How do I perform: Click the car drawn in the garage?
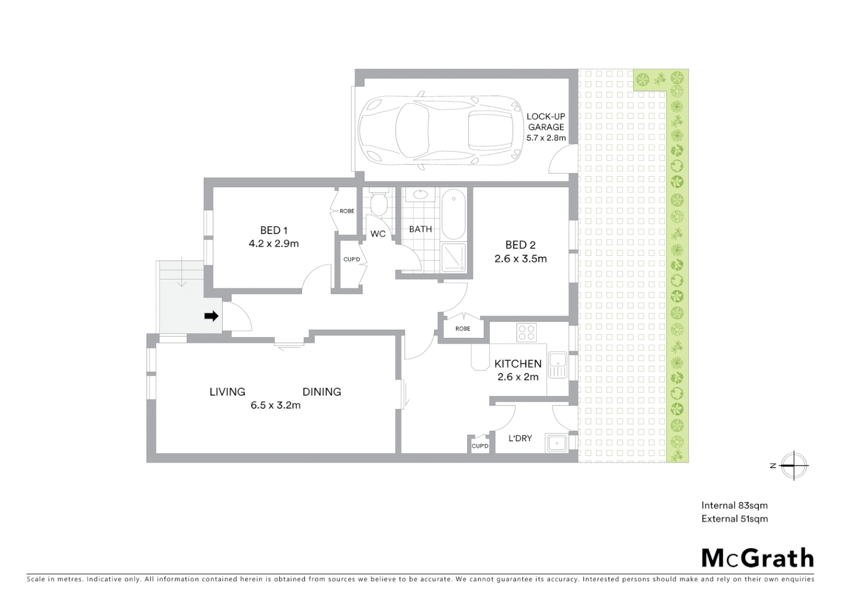[439, 131]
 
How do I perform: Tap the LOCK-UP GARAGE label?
[546, 122]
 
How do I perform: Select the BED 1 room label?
[274, 230]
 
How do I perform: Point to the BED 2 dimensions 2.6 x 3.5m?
[520, 259]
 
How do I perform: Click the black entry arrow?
[211, 316]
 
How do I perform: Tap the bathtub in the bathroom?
[454, 214]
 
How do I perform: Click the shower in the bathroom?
[454, 257]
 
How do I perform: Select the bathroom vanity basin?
[420, 194]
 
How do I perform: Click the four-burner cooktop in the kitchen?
[526, 332]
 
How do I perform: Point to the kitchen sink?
[558, 365]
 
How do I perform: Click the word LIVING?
[227, 392]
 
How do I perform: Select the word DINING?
[322, 392]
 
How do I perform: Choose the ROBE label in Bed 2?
[463, 329]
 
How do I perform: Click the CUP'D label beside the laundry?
[480, 446]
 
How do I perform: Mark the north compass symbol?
[794, 466]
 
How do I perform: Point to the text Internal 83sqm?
[734, 505]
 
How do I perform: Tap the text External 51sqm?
[734, 518]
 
